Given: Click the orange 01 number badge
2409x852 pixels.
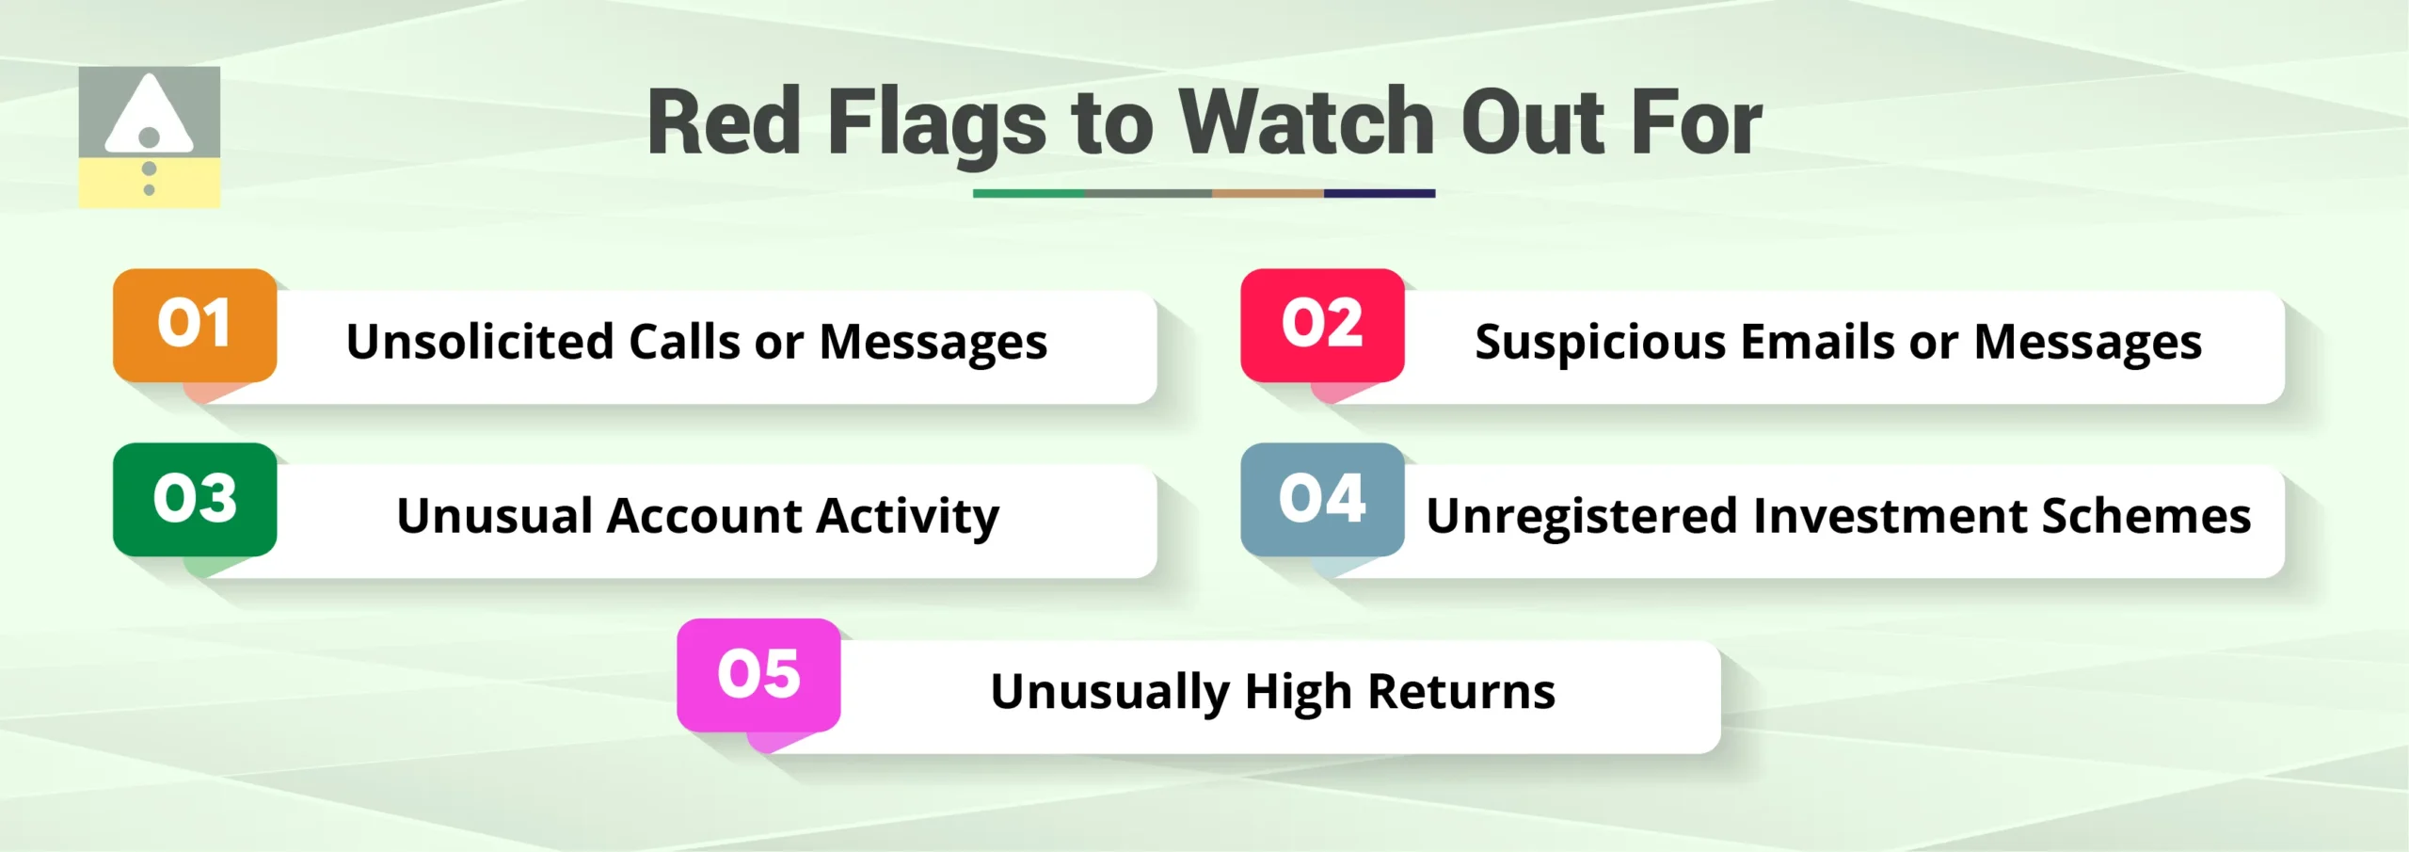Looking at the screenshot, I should point(195,325).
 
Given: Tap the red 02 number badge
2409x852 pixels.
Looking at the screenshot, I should point(1322,325).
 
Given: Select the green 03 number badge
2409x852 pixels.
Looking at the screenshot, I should point(195,499).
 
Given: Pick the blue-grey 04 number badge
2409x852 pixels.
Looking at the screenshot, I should point(1322,499).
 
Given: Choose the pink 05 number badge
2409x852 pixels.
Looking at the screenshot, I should point(758,674).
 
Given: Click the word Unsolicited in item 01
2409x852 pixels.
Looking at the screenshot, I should point(479,341).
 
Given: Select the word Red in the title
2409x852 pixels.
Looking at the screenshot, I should point(724,122).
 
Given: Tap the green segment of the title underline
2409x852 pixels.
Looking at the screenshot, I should point(1029,193).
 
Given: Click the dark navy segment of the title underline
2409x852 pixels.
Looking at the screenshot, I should point(1380,193).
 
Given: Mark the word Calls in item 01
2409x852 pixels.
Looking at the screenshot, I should point(684,341).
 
